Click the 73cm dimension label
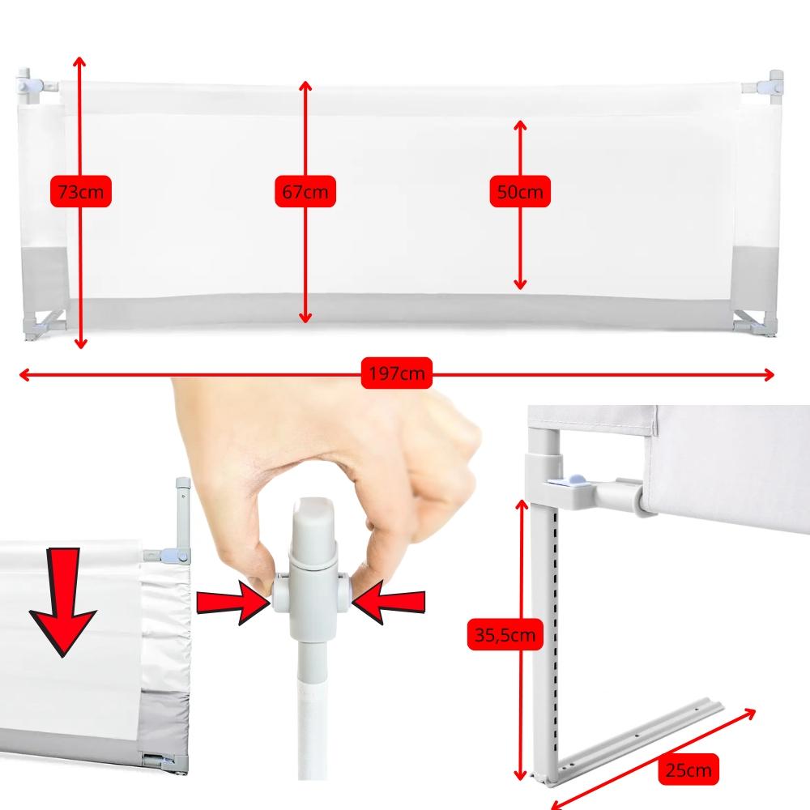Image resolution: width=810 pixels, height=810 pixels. coord(80,193)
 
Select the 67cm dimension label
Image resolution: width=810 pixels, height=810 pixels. coord(305,193)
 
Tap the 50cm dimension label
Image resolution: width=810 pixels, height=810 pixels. coord(520,193)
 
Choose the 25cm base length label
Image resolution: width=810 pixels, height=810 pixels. coord(688,768)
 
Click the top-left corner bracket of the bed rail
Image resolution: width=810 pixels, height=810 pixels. coord(34,86)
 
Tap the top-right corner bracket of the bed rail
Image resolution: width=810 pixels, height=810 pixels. coord(772,84)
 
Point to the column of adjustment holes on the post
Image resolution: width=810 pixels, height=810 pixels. coord(555,640)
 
